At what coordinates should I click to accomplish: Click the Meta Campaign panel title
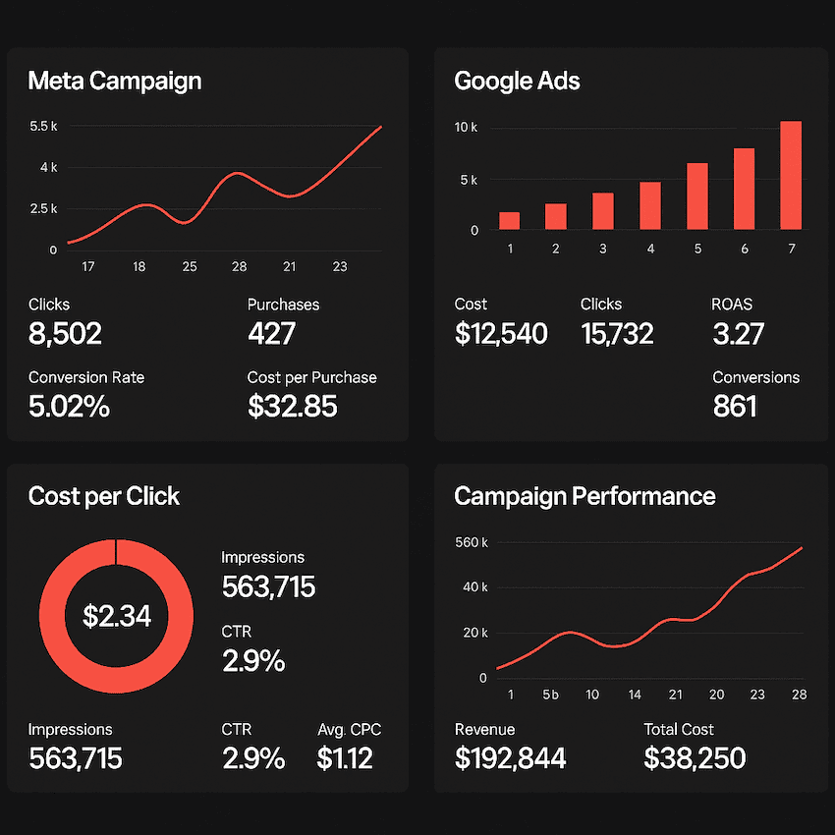click(x=115, y=81)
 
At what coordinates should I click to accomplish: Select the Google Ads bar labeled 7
click(x=791, y=175)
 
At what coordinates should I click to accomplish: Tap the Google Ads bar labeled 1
click(x=509, y=220)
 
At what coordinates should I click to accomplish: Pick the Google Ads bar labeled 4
click(x=650, y=205)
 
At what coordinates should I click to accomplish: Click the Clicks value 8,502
click(x=65, y=334)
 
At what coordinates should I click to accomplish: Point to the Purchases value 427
click(x=271, y=334)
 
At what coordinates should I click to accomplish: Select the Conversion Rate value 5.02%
click(x=69, y=406)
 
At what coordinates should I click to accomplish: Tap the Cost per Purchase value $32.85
click(x=293, y=406)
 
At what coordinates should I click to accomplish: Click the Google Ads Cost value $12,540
click(x=501, y=334)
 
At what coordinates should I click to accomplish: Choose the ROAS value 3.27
click(x=738, y=334)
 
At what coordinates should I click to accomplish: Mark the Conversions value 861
click(x=735, y=406)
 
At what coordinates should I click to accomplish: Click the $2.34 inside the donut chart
click(x=117, y=616)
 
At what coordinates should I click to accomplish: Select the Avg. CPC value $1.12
click(x=345, y=757)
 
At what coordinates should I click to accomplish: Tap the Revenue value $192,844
click(x=510, y=757)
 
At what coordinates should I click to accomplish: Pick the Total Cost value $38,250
click(x=695, y=757)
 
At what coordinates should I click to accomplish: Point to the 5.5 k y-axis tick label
click(x=44, y=127)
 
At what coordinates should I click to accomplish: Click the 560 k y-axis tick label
click(x=471, y=542)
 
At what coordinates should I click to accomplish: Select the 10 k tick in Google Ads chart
click(x=466, y=128)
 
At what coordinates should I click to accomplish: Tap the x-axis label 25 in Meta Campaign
click(x=190, y=266)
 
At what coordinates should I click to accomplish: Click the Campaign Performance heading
click(x=584, y=496)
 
